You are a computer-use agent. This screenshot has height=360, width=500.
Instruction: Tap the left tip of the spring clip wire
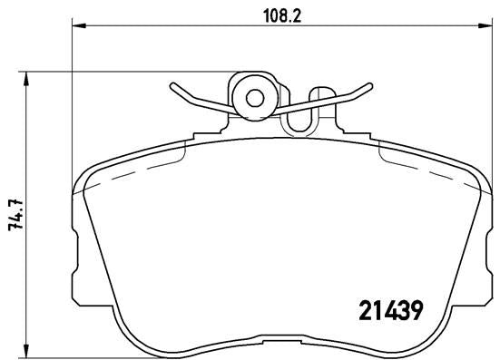click(171, 88)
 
